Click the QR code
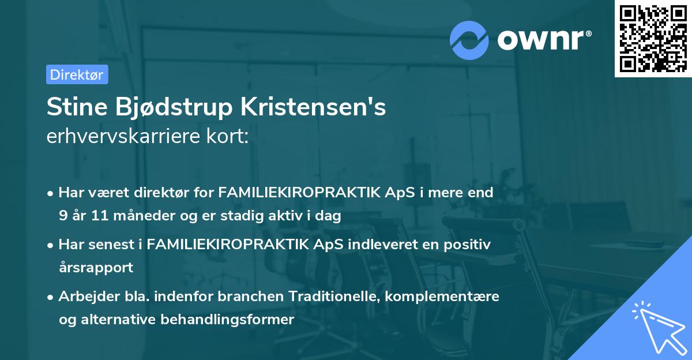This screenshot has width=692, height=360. (x=653, y=38)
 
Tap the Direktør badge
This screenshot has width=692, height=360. (x=77, y=74)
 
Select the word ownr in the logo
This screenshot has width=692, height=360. (x=541, y=39)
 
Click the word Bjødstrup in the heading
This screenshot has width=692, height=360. (x=171, y=108)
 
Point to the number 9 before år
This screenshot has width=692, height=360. (x=62, y=216)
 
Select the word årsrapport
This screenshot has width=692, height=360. (x=96, y=267)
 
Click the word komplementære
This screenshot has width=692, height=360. (x=442, y=297)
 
